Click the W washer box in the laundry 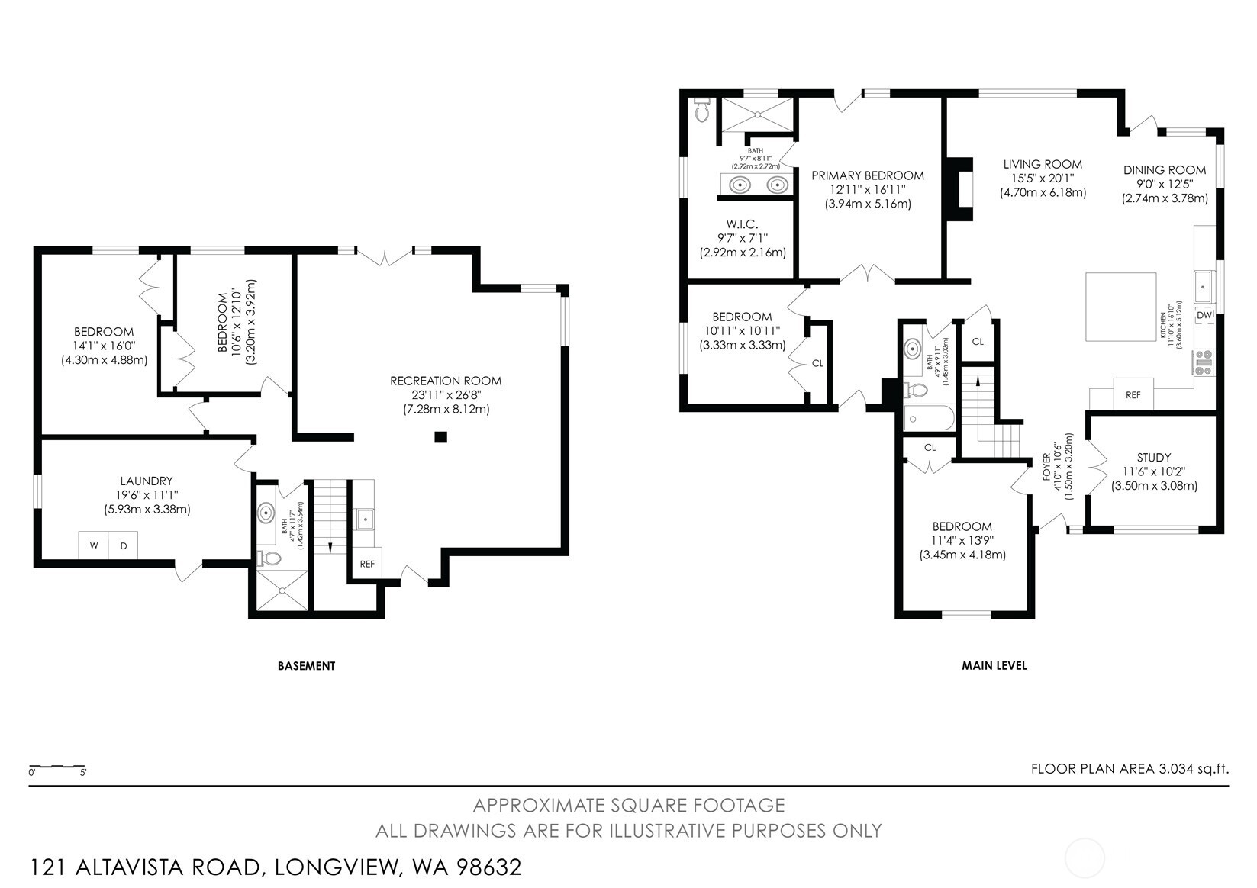[94, 545]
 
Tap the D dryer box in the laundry [123, 545]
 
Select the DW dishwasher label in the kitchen [1204, 315]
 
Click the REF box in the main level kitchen [1133, 394]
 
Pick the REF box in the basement [367, 564]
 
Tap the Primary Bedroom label [868, 175]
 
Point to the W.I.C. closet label [742, 224]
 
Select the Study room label [1153, 458]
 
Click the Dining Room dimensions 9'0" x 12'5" [1164, 184]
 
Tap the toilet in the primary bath [702, 112]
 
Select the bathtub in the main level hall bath [928, 419]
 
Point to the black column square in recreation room [440, 437]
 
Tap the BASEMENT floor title [306, 666]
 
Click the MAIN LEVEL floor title [994, 666]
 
